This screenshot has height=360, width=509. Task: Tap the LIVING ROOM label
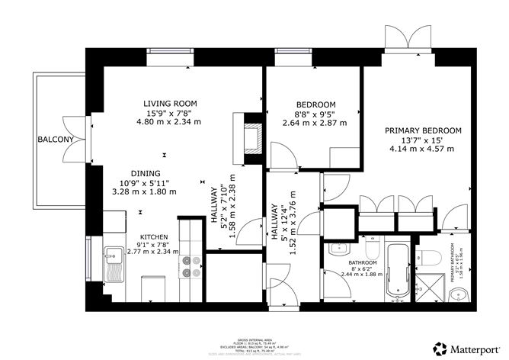point(170,104)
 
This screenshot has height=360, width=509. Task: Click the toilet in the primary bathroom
point(428,256)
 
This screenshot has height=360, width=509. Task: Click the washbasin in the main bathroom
point(337,249)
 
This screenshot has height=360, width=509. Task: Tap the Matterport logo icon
point(440,346)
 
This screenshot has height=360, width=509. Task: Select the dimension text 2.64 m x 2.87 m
point(315,122)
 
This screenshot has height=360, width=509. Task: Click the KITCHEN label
point(153,236)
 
